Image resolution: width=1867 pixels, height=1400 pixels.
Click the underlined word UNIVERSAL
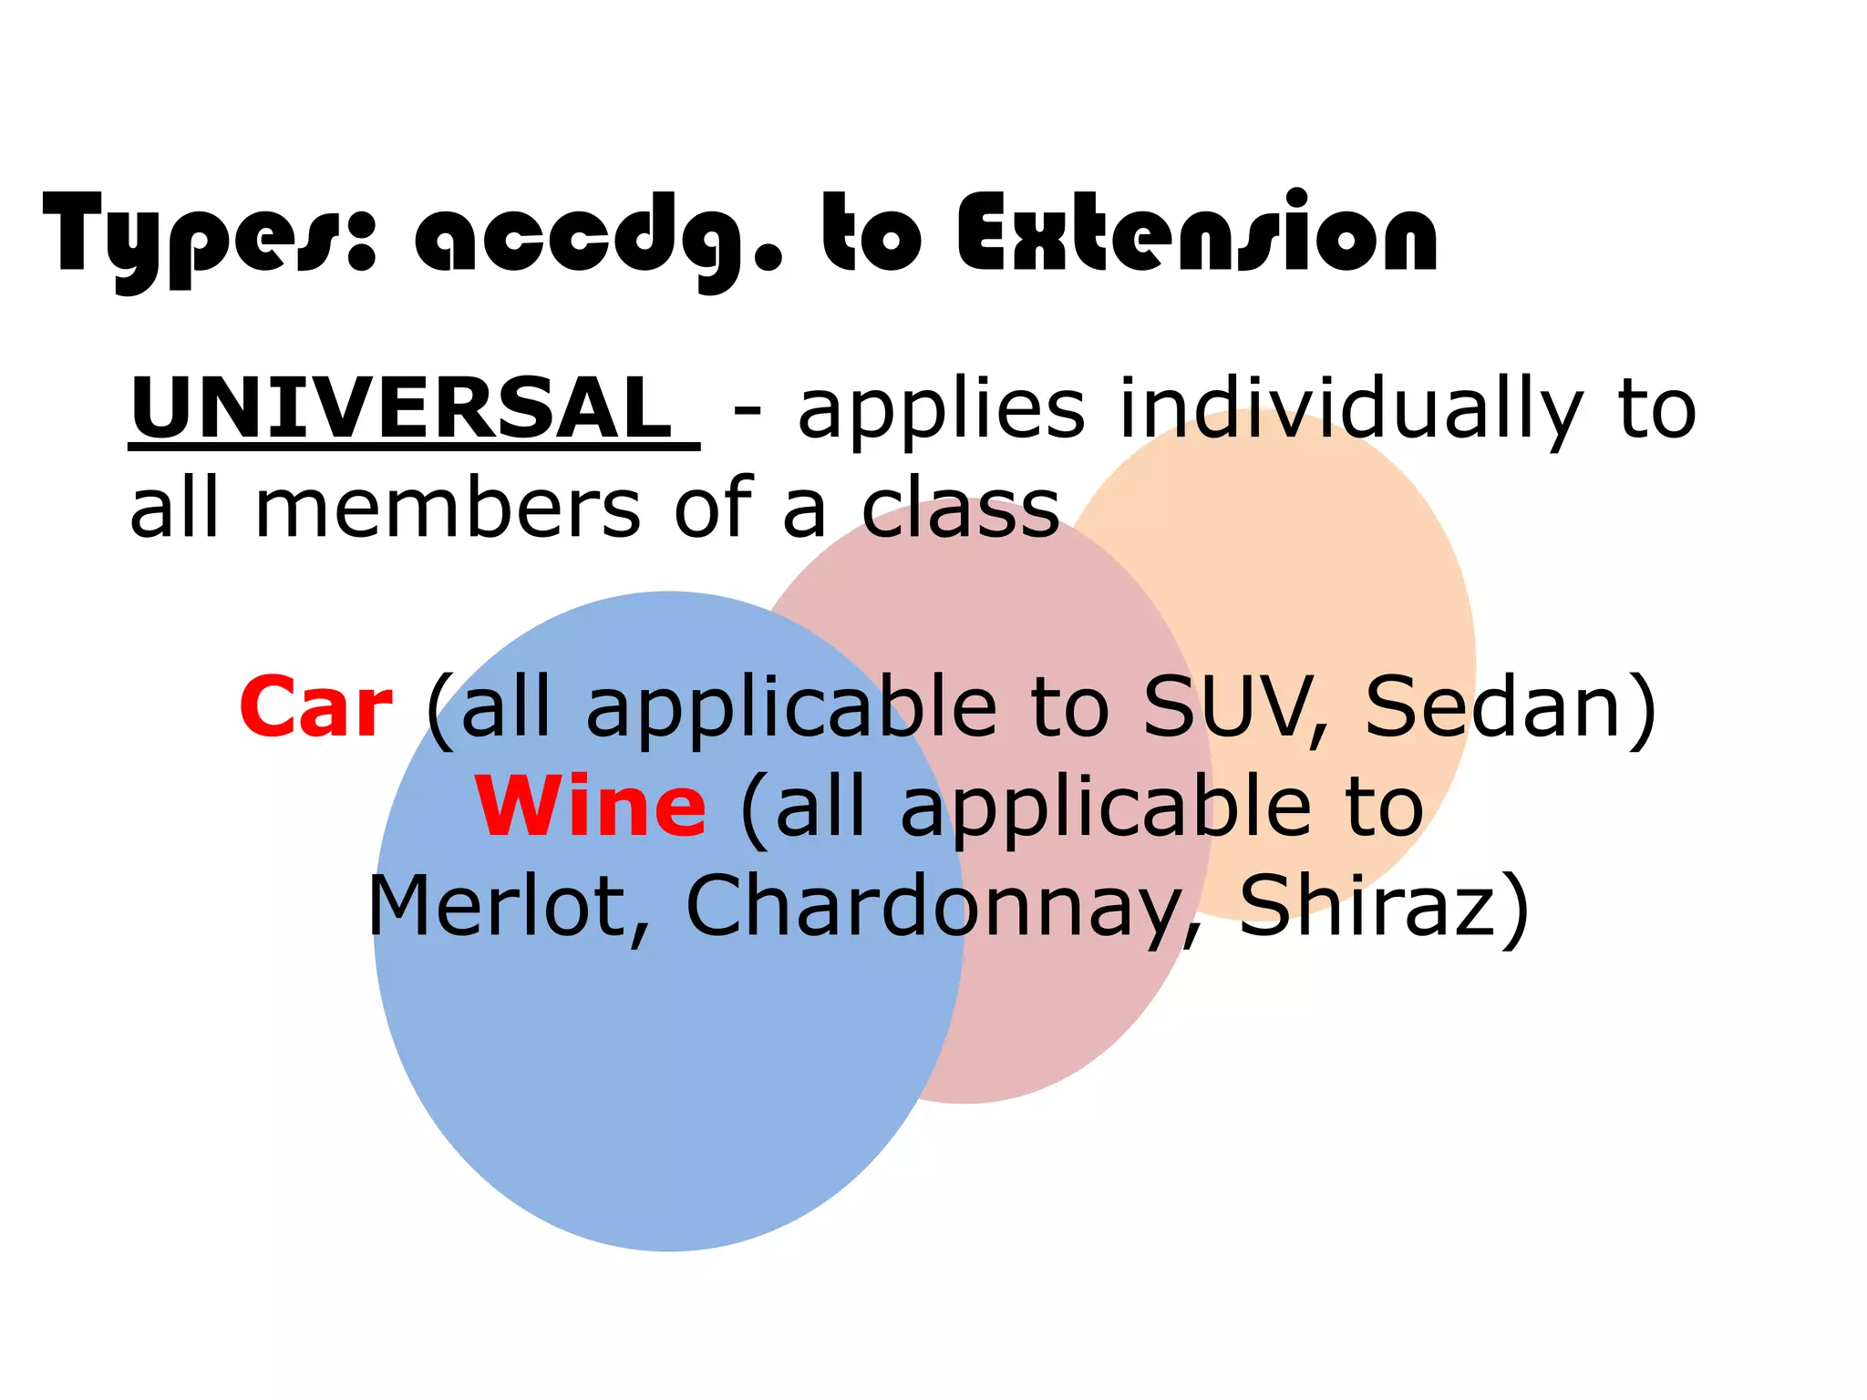[401, 407]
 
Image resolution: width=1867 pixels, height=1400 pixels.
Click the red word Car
[316, 708]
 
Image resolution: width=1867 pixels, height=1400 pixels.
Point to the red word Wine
[591, 807]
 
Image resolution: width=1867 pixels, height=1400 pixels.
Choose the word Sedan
[1495, 708]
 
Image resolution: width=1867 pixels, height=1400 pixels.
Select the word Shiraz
[1367, 907]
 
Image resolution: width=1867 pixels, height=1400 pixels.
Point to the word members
[447, 509]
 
